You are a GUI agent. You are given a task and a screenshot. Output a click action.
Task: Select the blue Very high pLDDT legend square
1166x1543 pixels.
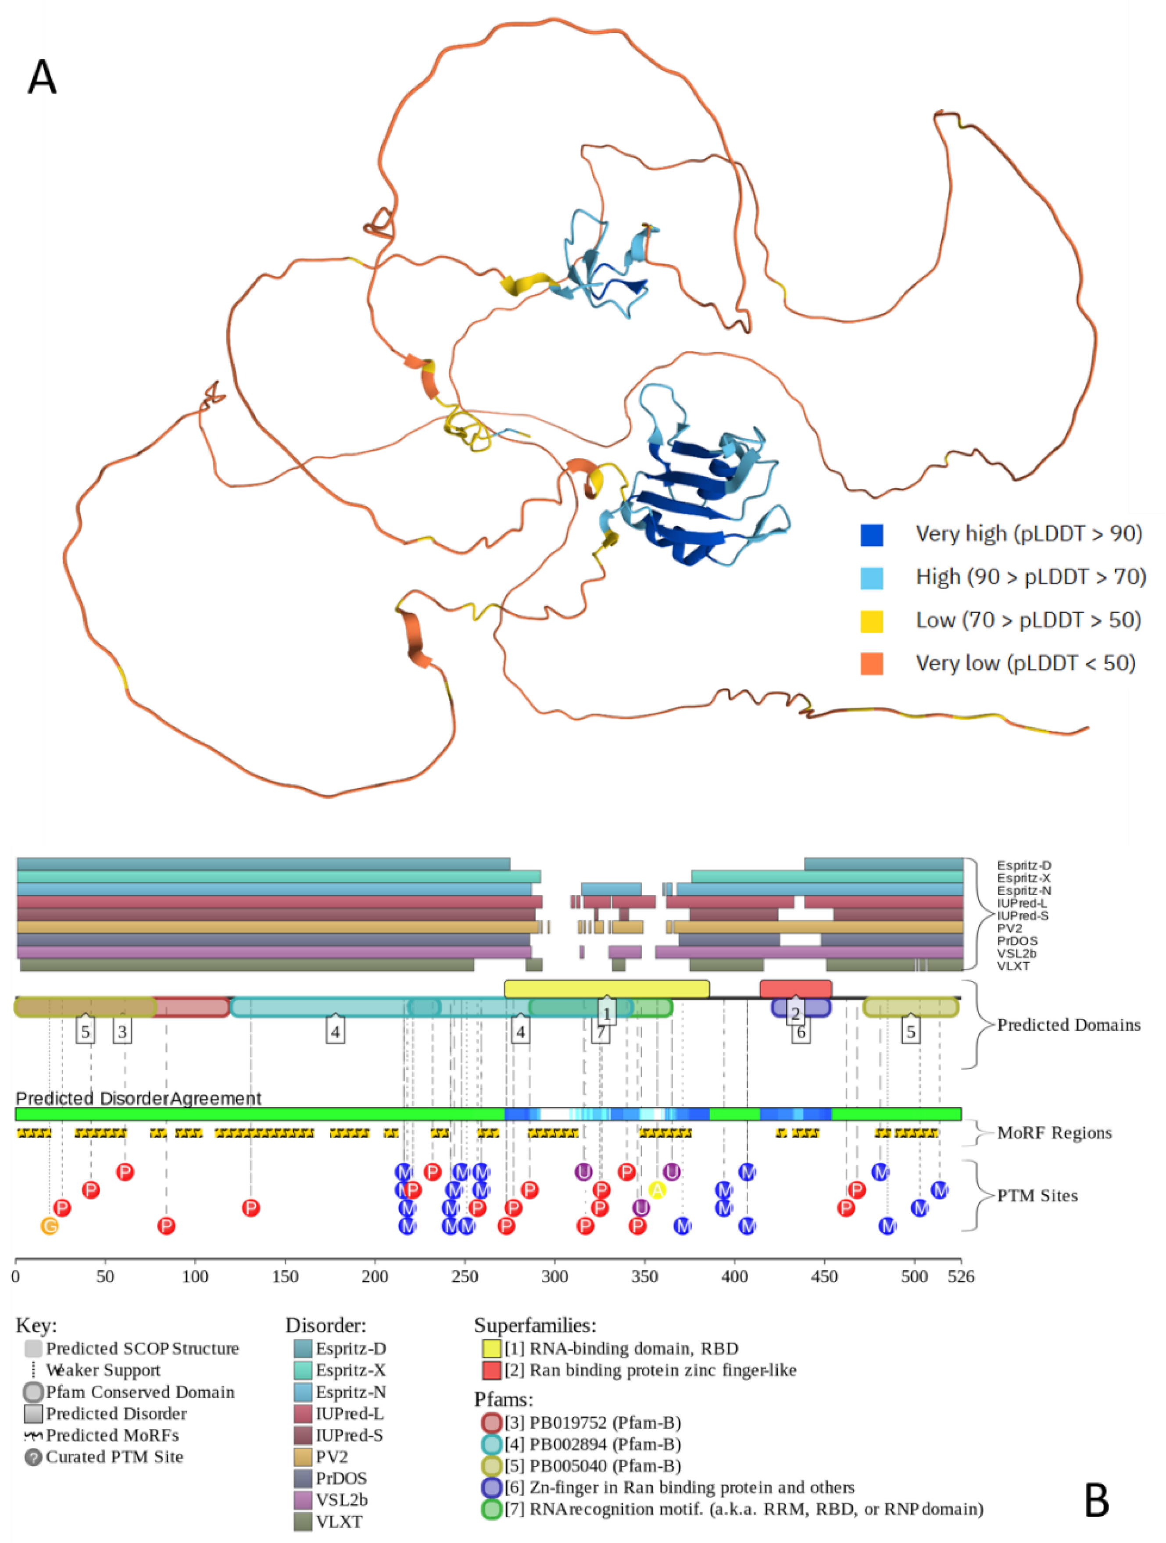tap(872, 535)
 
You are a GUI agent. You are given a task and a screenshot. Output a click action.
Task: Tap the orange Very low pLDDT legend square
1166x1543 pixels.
tap(872, 663)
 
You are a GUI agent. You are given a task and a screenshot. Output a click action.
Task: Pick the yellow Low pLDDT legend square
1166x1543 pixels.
tap(872, 621)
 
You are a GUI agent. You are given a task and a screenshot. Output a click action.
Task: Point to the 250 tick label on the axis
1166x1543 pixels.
tap(465, 1276)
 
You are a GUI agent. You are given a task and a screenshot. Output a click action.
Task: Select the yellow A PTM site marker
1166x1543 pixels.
tap(657, 1190)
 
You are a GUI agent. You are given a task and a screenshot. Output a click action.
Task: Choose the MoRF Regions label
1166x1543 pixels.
tap(1054, 1133)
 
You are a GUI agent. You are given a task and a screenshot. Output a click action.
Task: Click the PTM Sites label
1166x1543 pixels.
tap(1037, 1196)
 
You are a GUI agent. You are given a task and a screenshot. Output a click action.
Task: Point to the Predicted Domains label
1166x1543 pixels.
tap(1068, 1025)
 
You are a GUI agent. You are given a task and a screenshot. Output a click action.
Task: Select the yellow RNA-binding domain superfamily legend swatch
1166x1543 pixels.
tap(492, 1348)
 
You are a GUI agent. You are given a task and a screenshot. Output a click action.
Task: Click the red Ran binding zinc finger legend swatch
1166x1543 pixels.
tap(492, 1370)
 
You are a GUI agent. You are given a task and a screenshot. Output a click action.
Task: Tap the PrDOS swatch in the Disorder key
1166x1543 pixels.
tap(303, 1478)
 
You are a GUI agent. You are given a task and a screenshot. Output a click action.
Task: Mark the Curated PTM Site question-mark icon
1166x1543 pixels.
tap(33, 1457)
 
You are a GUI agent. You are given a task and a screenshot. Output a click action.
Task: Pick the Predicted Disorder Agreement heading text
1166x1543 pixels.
tap(138, 1099)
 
